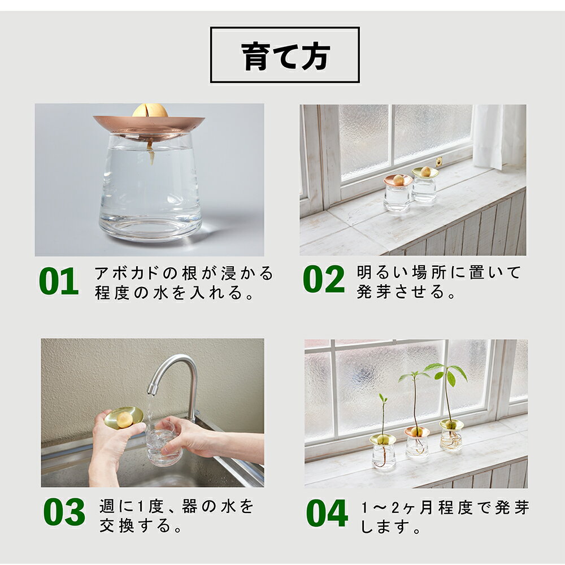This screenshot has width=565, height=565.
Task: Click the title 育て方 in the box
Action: [285, 56]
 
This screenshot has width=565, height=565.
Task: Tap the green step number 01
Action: [59, 281]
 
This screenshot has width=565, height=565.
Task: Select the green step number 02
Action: [324, 279]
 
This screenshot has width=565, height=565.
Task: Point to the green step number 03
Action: [64, 512]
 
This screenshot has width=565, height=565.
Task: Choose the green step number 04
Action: [327, 513]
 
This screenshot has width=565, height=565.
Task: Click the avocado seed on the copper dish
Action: [150, 110]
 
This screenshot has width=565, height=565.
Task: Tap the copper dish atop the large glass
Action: [149, 126]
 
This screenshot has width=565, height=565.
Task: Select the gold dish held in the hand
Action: [124, 418]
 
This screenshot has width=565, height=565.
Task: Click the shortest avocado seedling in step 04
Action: [383, 418]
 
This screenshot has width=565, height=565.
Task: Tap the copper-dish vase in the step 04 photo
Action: [417, 443]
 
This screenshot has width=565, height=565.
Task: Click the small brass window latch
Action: [438, 162]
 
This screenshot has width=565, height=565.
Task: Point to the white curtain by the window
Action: [499, 137]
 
